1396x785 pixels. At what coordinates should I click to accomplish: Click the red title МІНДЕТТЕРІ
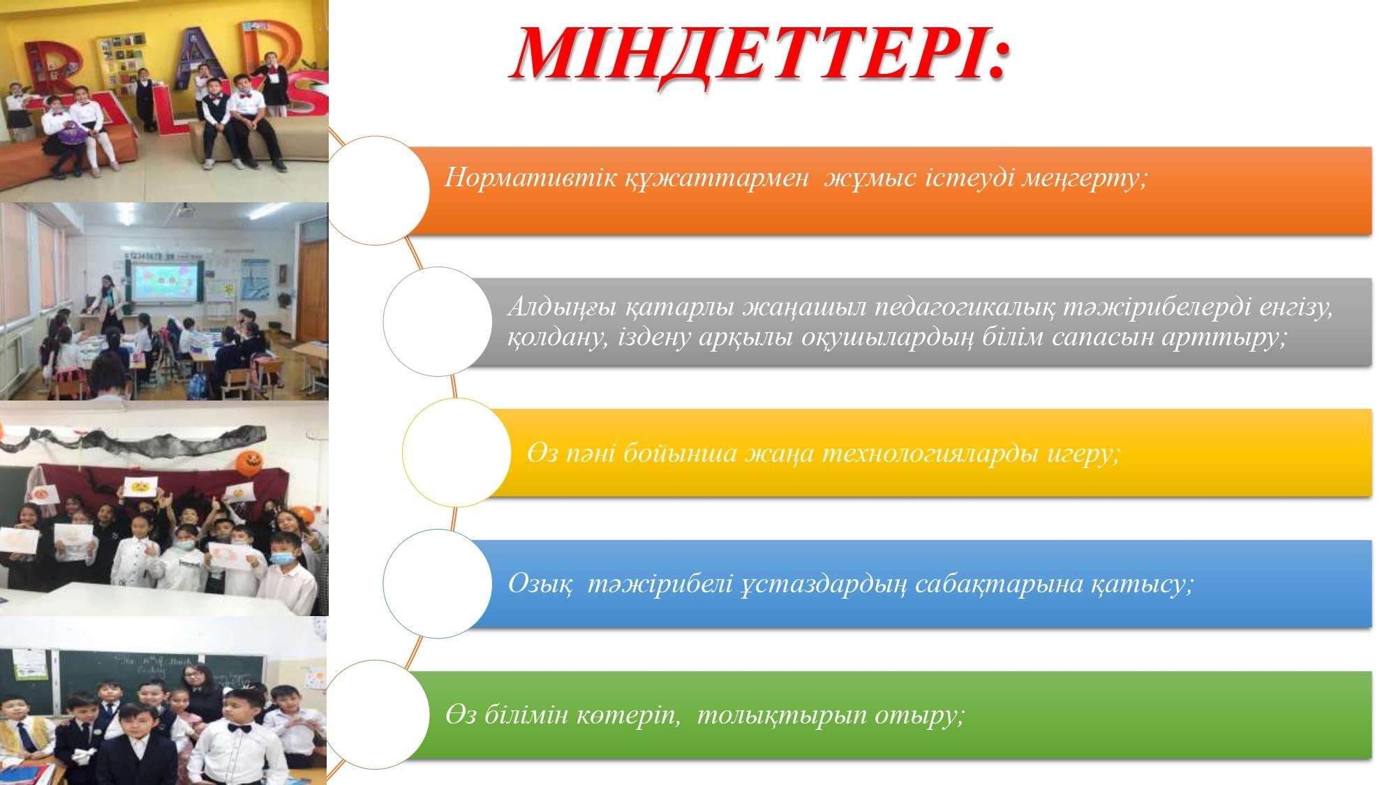[759, 54]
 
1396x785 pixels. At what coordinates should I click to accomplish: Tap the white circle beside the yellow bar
[456, 453]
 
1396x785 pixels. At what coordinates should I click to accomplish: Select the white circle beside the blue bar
[438, 584]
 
